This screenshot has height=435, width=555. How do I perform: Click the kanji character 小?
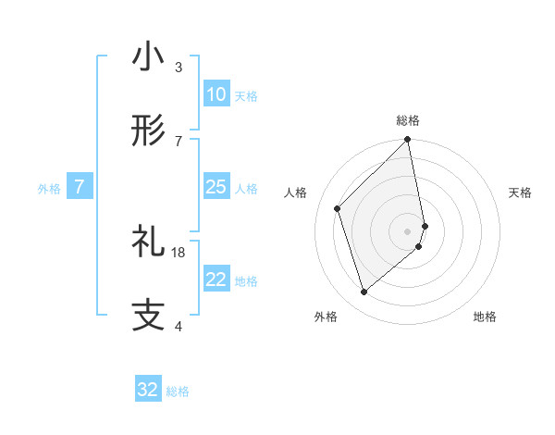click(x=148, y=57)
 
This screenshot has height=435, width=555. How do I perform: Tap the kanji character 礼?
click(x=148, y=242)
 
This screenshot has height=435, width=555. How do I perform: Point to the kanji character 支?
click(x=148, y=315)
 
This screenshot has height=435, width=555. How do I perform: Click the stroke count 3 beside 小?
click(x=179, y=68)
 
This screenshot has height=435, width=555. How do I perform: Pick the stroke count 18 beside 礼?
click(x=179, y=252)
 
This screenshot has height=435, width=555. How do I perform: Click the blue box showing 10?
click(x=216, y=94)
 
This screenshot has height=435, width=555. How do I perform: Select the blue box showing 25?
click(x=216, y=187)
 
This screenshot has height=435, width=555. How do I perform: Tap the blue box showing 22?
click(x=216, y=280)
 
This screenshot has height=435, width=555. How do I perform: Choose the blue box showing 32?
click(x=148, y=390)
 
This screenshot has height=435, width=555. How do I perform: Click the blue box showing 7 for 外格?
click(x=80, y=187)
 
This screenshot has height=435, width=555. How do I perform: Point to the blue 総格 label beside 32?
click(x=178, y=391)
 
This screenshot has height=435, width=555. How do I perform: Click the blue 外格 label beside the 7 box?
click(x=49, y=189)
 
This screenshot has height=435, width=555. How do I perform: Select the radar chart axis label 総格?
click(x=408, y=120)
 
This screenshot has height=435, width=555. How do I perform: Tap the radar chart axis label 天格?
click(x=521, y=193)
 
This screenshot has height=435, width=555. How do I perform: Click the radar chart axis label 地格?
click(x=485, y=317)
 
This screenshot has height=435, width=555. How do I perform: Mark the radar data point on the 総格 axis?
click(x=408, y=141)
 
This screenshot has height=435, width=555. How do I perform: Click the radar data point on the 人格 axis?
click(x=338, y=208)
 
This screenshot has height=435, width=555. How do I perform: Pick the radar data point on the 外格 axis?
click(x=364, y=292)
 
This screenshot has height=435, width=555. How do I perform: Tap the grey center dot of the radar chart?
click(x=408, y=230)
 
